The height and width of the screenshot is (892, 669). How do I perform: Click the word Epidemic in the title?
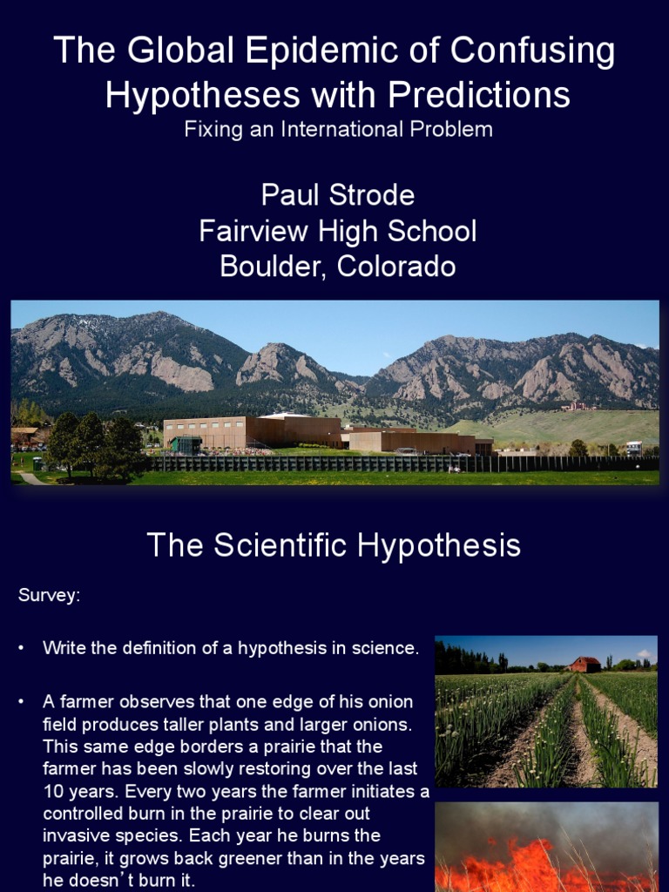pos(299,52)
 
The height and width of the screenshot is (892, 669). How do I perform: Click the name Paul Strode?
pos(337,195)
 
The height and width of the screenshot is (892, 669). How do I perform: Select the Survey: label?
pos(50,596)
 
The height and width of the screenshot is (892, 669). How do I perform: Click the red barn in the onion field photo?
pos(583,665)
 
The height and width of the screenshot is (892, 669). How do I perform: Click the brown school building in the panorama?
pos(253,432)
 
